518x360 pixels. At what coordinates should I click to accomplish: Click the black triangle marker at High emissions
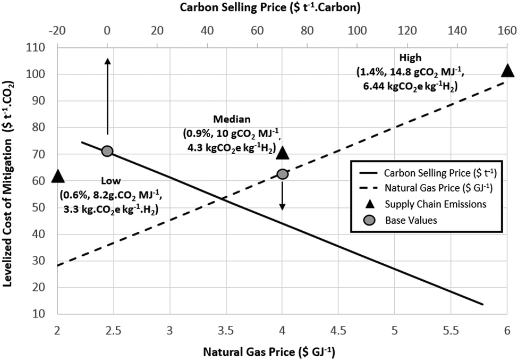tap(507, 71)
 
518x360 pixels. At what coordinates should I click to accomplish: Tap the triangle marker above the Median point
tap(283, 153)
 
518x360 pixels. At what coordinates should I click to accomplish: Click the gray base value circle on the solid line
tap(107, 151)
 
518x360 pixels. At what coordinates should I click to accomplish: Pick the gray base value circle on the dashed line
tap(283, 174)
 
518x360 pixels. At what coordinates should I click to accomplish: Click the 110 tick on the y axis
tap(38, 48)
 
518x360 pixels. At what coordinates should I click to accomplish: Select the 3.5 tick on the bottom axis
tap(226, 330)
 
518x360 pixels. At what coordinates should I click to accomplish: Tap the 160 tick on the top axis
tap(507, 30)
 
